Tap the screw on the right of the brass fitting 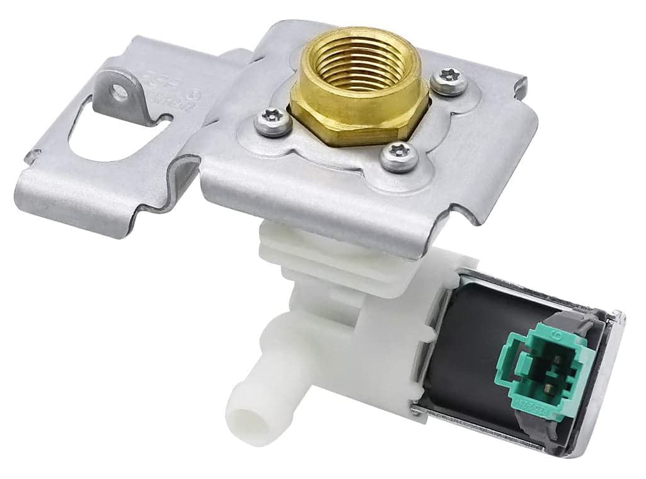click(x=449, y=83)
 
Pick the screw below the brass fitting click(x=399, y=156)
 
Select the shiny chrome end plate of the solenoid click(x=608, y=378)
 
